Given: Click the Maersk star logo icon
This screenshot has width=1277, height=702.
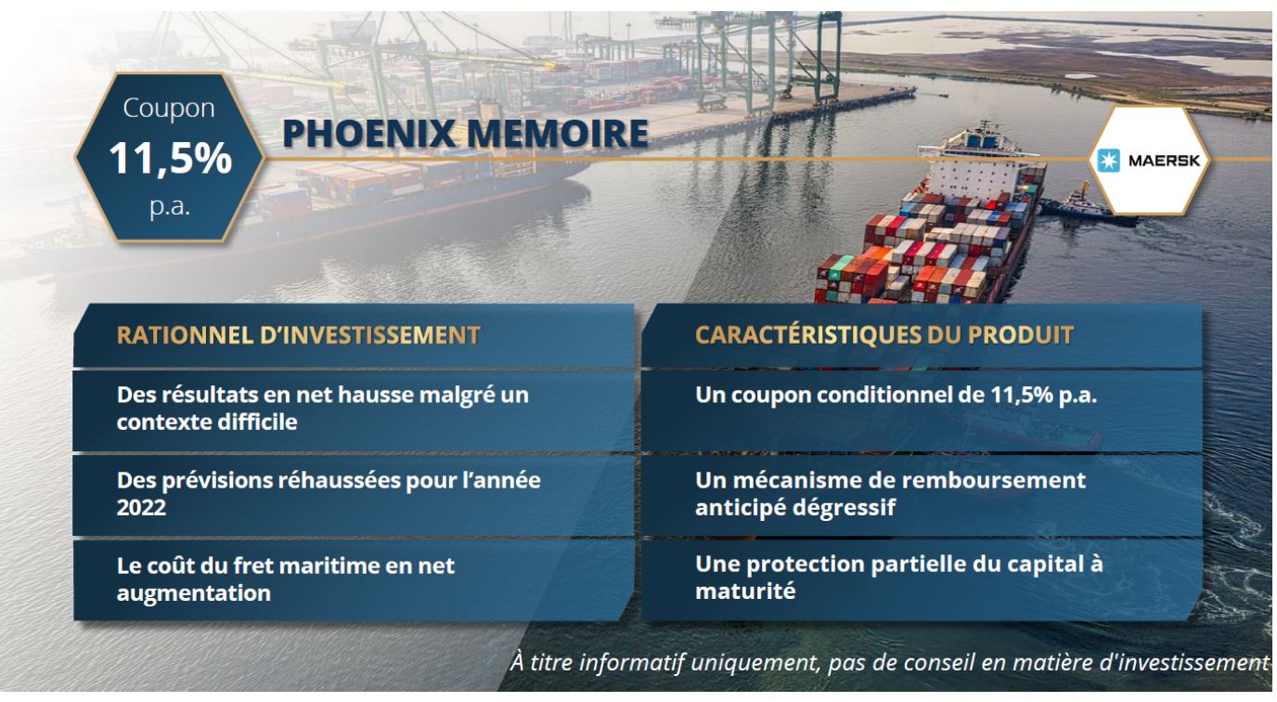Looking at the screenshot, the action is point(1108,161).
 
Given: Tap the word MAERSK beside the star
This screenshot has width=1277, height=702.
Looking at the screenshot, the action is point(1164,161).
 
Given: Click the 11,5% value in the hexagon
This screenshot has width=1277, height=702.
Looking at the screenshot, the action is point(171,158).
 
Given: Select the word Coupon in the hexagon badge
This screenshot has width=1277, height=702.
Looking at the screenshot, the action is point(169,109).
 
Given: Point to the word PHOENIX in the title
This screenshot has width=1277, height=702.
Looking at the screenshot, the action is point(368,134).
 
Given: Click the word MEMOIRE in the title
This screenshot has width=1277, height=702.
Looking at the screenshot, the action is point(558,134).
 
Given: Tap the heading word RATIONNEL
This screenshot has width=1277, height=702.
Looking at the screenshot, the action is point(186,335).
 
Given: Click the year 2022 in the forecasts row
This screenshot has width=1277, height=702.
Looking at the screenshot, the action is point(141,507).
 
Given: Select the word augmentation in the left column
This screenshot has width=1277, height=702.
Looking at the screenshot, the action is point(194,593).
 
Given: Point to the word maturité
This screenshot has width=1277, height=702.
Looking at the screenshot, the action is point(745,591).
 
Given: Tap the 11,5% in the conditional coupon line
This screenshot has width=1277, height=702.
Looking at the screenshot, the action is point(1022,395).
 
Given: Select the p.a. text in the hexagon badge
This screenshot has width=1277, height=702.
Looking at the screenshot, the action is point(169,207).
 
